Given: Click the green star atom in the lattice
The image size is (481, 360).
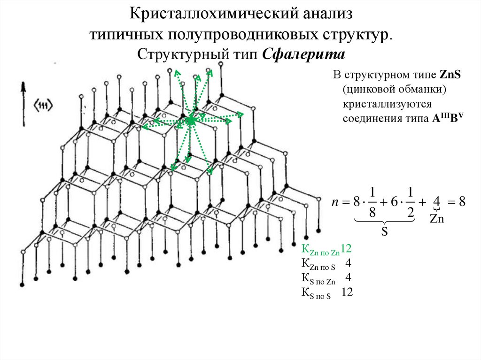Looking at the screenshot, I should pyautogui.click(x=191, y=121).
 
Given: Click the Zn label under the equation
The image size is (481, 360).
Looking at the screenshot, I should pyautogui.click(x=437, y=219).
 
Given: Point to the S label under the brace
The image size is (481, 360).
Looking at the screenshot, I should pyautogui.click(x=384, y=231).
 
